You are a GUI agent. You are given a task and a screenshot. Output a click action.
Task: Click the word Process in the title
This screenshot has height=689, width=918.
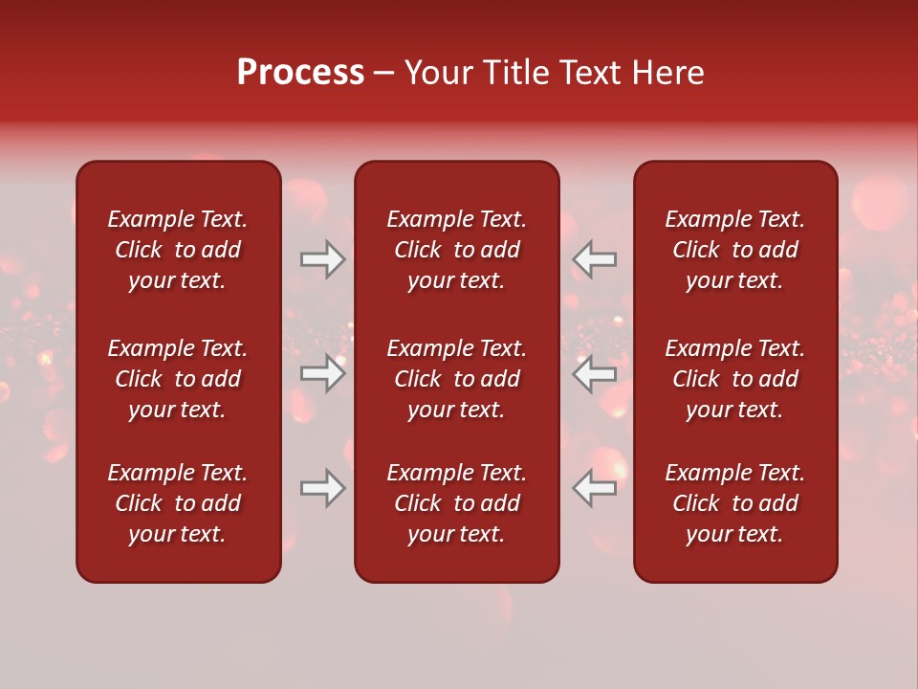click(300, 73)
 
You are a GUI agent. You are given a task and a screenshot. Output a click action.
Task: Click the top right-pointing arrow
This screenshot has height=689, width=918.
click(323, 259)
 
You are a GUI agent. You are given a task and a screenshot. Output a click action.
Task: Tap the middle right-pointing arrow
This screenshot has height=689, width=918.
click(323, 373)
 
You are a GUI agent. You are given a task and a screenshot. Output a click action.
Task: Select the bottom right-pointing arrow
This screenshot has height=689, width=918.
click(323, 488)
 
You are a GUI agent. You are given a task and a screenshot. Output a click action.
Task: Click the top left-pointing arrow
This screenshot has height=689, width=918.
click(595, 259)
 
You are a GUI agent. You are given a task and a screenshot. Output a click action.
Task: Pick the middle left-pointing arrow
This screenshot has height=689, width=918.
click(595, 373)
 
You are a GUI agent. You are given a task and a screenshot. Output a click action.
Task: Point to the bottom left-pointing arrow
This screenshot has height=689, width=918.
click(595, 488)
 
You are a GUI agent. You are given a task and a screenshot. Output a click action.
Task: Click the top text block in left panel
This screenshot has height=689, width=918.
click(178, 250)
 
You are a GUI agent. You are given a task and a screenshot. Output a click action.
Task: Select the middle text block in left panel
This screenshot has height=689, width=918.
click(178, 379)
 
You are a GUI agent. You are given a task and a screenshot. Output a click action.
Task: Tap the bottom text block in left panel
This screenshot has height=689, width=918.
click(178, 503)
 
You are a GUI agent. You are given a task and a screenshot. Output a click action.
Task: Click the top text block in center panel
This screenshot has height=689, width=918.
click(456, 250)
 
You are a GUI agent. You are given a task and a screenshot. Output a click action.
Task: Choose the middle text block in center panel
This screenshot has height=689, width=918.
click(456, 379)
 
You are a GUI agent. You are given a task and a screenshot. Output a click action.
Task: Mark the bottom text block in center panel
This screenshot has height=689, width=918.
click(456, 503)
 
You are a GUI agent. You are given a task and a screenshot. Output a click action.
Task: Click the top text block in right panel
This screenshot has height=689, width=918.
click(734, 250)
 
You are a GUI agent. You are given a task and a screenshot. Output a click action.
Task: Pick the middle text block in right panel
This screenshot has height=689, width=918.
click(734, 379)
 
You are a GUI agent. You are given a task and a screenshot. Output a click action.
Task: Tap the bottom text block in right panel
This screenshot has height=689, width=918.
click(734, 503)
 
